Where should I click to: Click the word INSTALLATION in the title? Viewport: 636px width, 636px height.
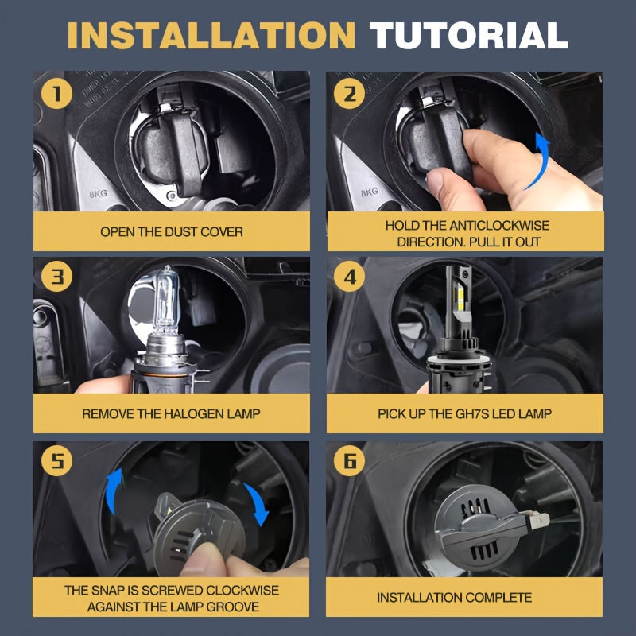211,35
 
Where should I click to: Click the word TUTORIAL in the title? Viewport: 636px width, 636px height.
468,35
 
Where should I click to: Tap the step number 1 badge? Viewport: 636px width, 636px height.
56,94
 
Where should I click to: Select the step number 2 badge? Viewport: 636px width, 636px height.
349,94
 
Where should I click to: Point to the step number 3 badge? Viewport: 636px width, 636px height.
56,277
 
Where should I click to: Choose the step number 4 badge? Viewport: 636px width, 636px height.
349,277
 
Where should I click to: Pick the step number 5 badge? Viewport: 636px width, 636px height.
56,460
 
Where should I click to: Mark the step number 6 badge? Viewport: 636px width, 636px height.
349,460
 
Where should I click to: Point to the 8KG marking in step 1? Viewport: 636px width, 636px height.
98,193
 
